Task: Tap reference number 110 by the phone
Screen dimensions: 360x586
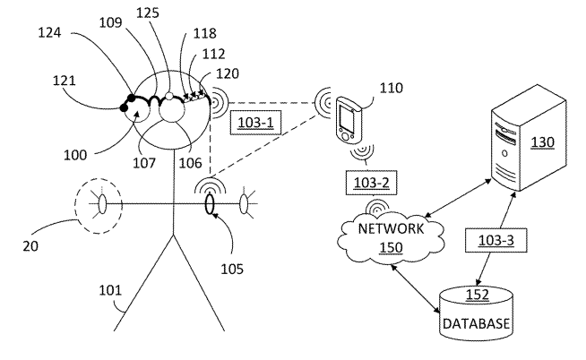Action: click(x=391, y=88)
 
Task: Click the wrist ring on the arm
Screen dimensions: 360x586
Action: click(x=210, y=205)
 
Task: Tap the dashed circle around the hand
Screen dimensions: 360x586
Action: click(x=100, y=204)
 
